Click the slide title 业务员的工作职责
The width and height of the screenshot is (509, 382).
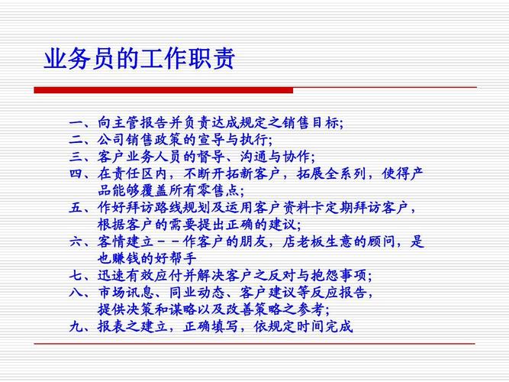139,59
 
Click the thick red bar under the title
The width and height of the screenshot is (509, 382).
163,90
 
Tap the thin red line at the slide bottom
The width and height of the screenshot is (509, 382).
255,344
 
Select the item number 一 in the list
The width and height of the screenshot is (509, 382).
76,123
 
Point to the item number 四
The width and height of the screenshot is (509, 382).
76,173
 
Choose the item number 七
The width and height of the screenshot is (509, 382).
76,275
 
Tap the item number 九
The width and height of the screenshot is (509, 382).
76,326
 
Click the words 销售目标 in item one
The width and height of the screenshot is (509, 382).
311,123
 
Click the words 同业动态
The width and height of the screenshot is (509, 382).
197,293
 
